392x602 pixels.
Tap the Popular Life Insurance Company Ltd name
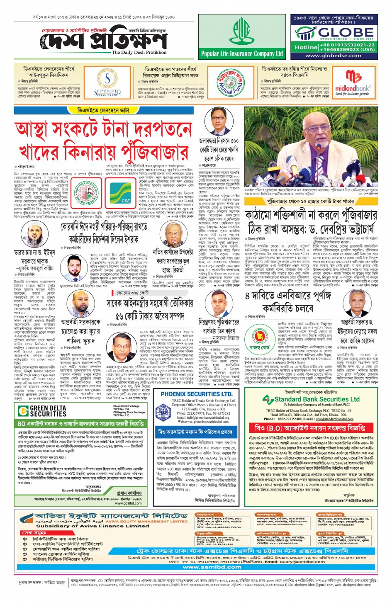pyautogui.click(x=242, y=53)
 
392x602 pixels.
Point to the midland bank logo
pyautogui.click(x=354, y=83)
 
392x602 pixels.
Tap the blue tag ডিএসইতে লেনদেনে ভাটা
pyautogui.click(x=103, y=110)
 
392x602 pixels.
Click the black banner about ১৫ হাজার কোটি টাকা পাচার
pyautogui.click(x=311, y=201)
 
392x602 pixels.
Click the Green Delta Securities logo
pyautogui.click(x=42, y=411)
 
